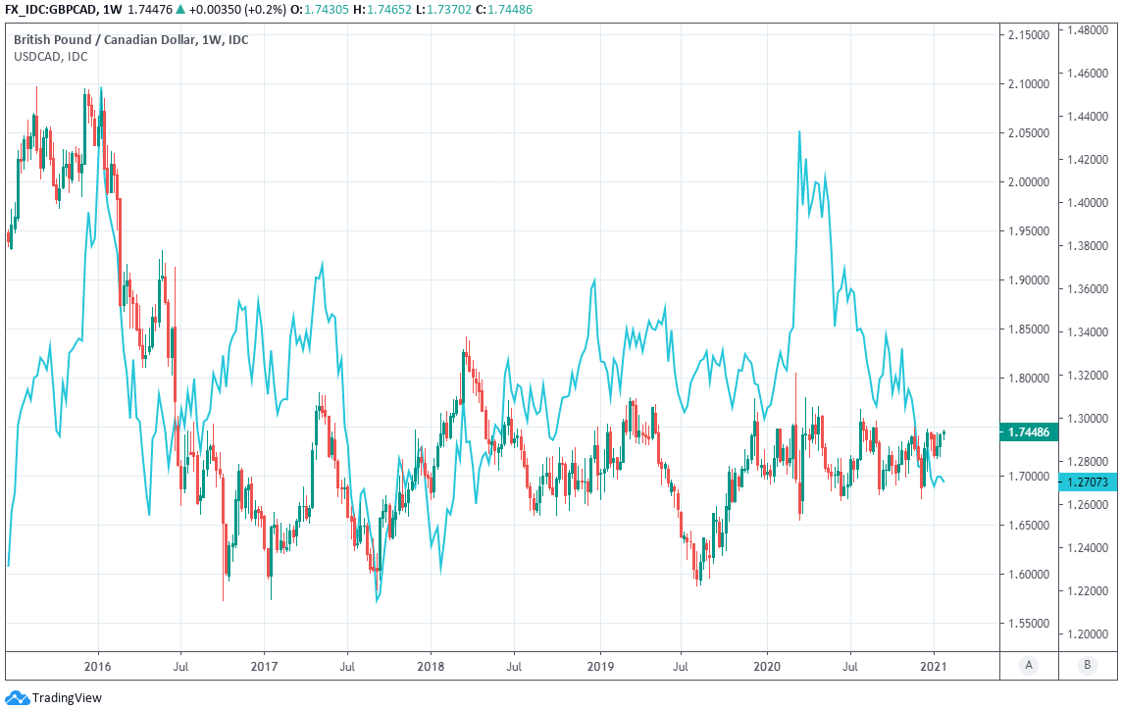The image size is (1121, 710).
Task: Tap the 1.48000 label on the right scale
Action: (x=1091, y=30)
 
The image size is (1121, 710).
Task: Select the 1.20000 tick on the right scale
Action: (x=1091, y=634)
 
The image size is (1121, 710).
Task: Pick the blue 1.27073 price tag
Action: (x=1090, y=482)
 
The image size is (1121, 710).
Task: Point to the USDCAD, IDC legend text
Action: (x=50, y=57)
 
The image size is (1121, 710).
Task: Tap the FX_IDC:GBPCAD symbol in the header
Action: (x=48, y=9)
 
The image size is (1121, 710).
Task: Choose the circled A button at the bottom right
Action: (x=1029, y=666)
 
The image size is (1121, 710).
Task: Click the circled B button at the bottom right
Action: (x=1086, y=666)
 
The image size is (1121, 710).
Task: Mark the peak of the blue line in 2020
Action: (x=799, y=131)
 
